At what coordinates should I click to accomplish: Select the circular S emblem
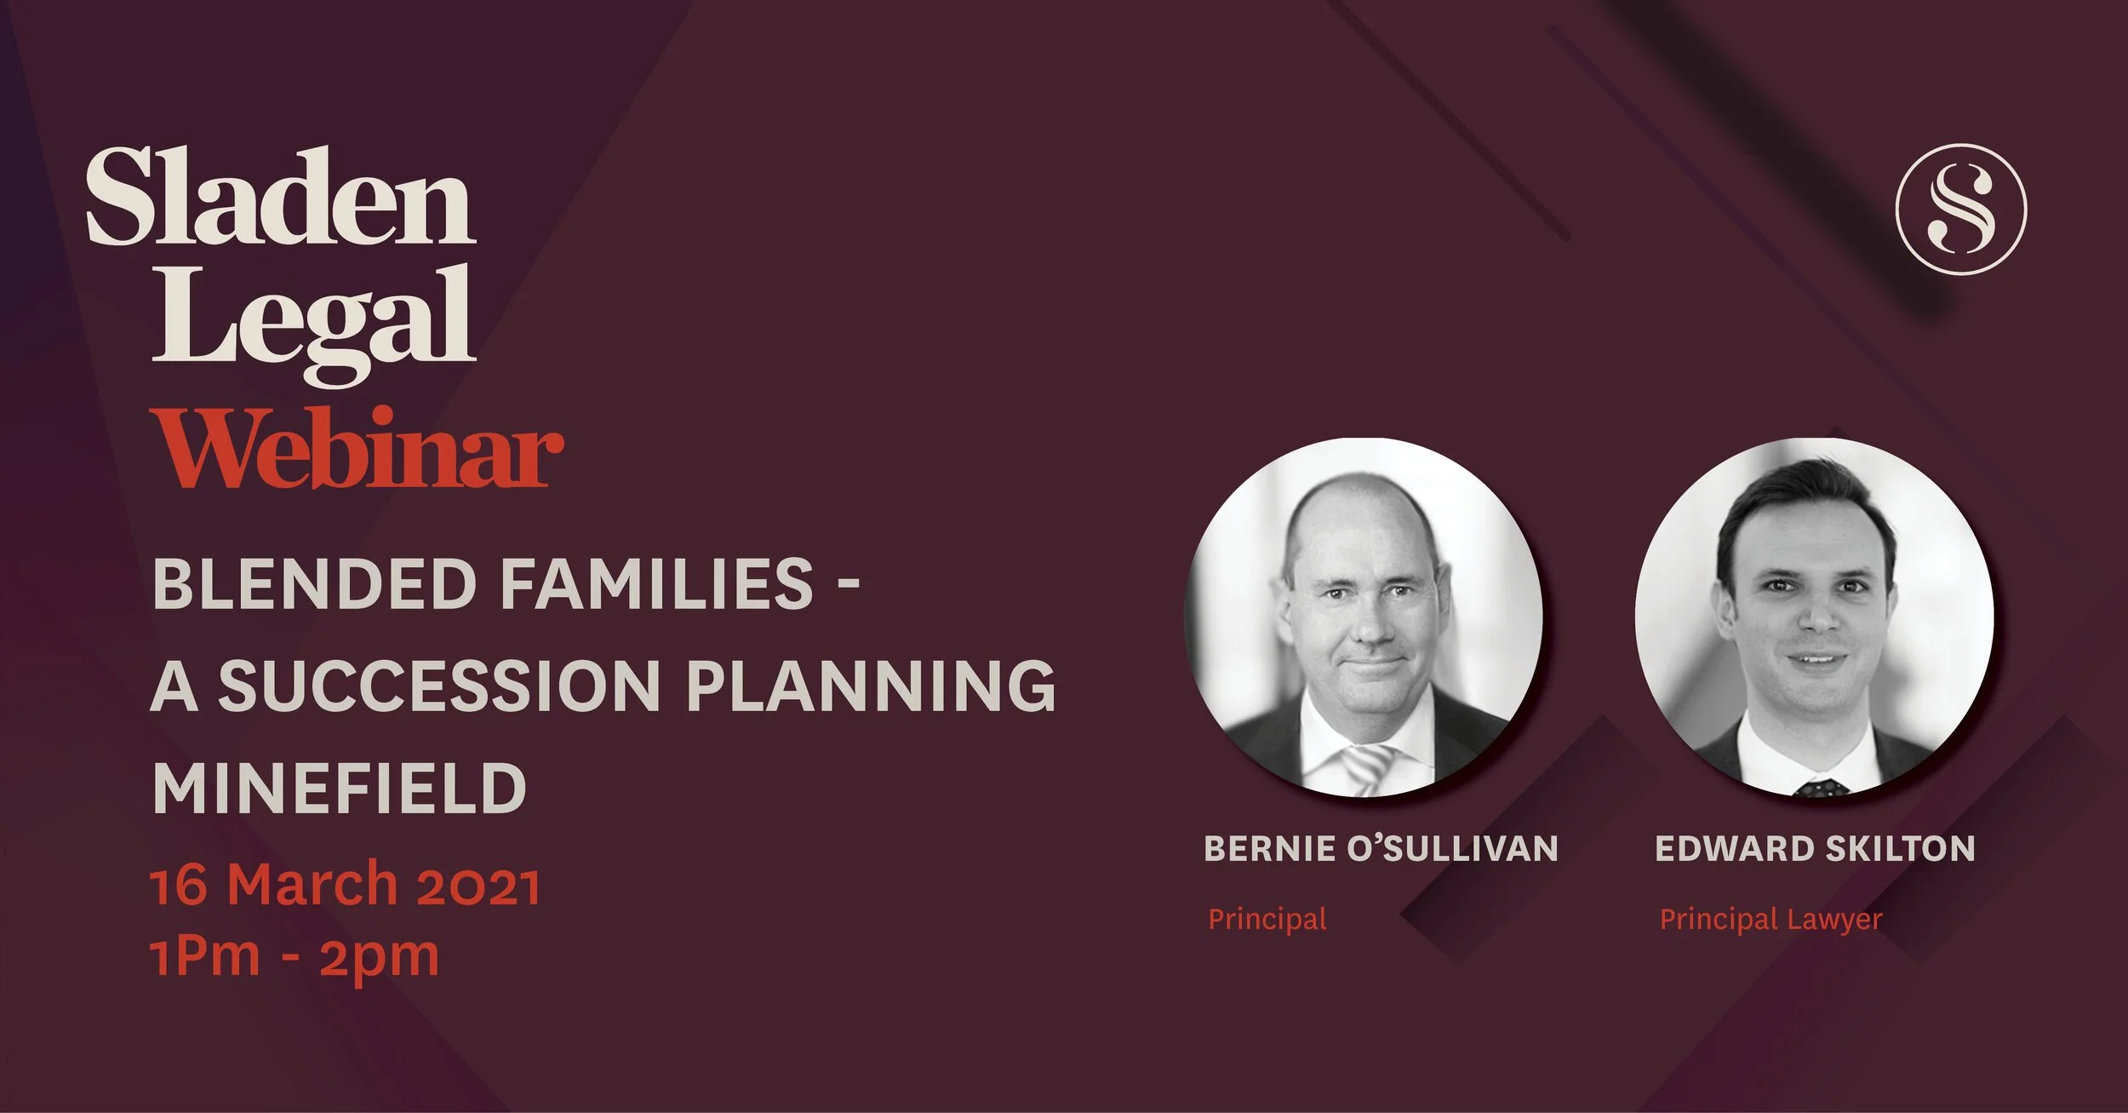(x=1961, y=209)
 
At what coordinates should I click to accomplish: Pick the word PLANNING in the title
(x=871, y=686)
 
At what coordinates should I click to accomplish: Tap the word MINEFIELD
(x=339, y=788)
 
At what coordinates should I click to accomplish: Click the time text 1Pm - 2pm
(x=295, y=956)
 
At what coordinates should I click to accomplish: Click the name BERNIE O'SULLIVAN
(x=1380, y=848)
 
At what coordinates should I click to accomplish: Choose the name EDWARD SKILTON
(x=1814, y=848)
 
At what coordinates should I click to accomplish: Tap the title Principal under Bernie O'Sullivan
(x=1267, y=919)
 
